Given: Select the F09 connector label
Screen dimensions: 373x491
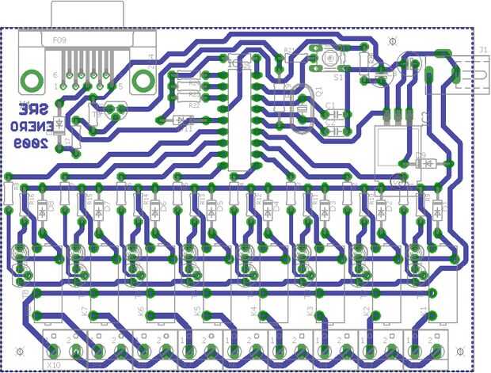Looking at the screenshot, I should (59, 39).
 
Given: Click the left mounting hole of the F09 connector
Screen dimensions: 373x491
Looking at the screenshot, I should (32, 79).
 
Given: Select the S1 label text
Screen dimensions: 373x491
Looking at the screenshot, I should (338, 78).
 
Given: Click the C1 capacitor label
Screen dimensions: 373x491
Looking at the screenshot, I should (331, 105).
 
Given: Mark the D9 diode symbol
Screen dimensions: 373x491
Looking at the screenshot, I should (428, 164).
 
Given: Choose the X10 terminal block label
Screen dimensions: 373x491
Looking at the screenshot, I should (54, 364).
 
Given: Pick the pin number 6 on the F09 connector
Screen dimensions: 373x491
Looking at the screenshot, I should (55, 75).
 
